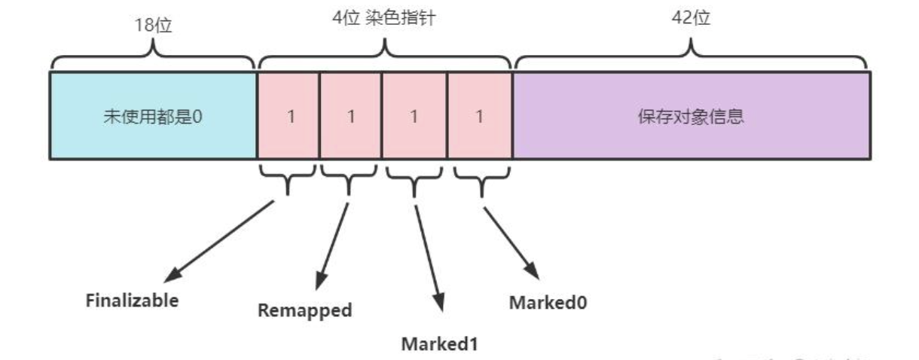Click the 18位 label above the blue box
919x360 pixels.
point(153,26)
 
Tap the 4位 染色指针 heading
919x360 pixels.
point(385,18)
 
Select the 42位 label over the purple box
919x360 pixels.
point(691,18)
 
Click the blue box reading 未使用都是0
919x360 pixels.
point(153,116)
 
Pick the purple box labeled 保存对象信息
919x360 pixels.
point(691,116)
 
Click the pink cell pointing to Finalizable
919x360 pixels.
point(289,116)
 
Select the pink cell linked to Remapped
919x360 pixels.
point(350,116)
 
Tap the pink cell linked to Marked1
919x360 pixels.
point(414,116)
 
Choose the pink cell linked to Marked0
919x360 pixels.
point(479,116)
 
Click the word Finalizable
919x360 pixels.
point(132,300)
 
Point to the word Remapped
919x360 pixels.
point(304,310)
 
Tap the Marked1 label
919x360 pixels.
point(439,344)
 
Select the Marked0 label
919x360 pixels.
point(548,302)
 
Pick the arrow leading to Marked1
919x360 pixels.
point(428,256)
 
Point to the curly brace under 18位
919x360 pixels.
point(153,54)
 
